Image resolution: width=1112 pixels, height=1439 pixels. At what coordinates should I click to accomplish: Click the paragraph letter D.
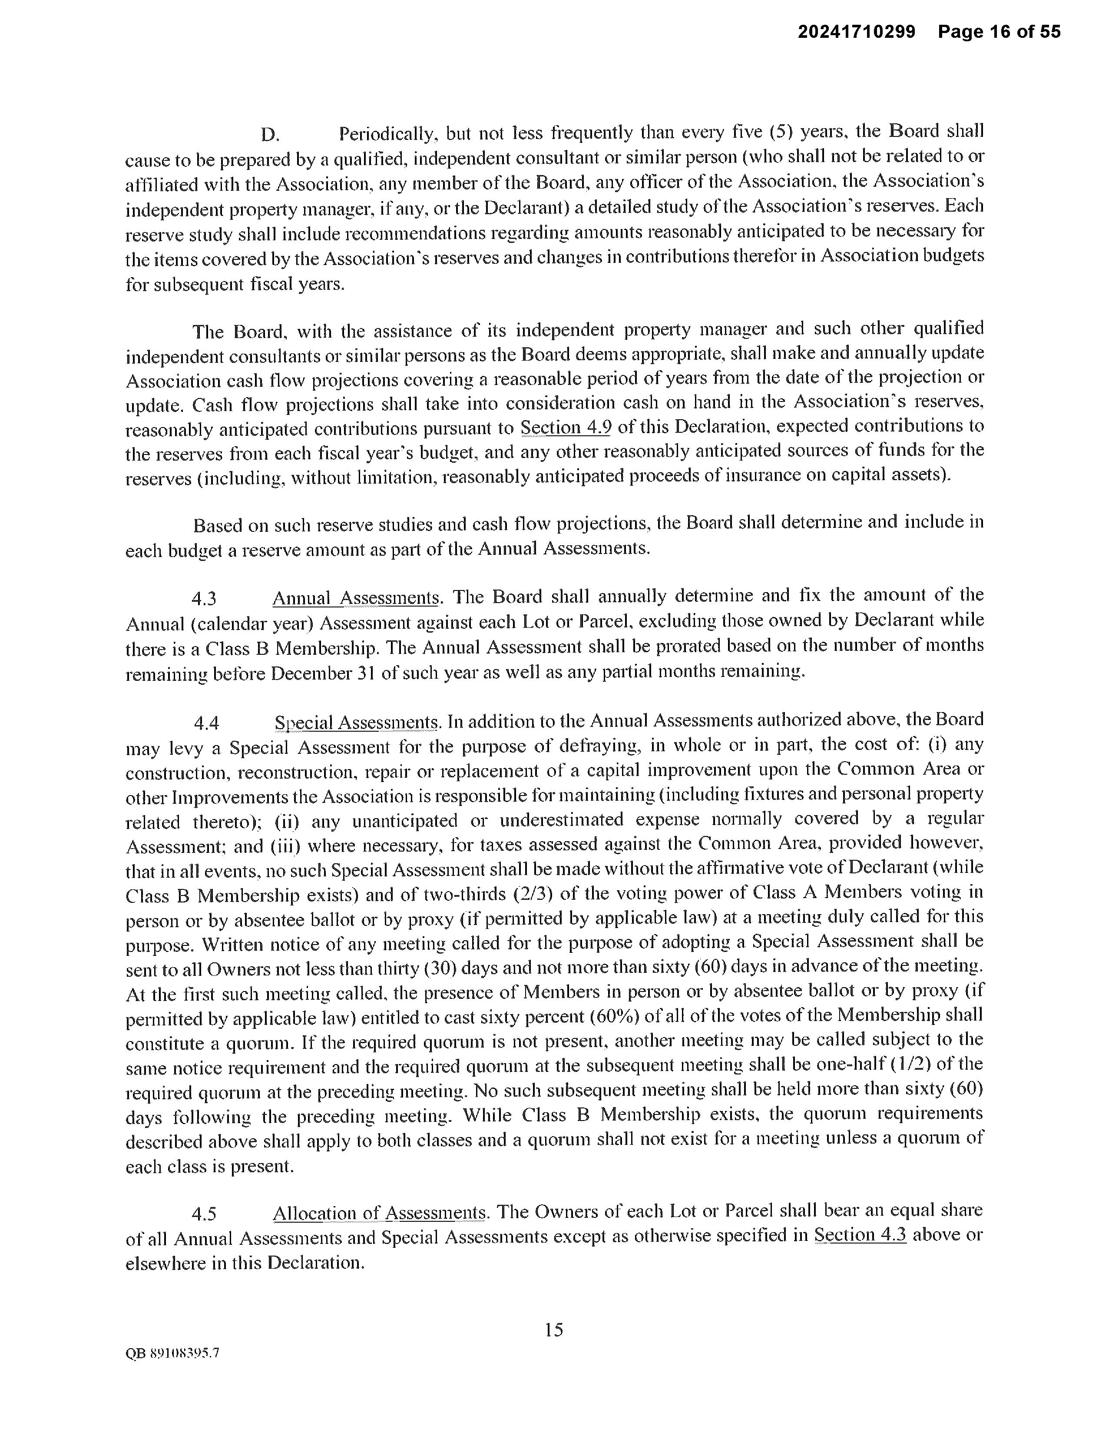coord(270,135)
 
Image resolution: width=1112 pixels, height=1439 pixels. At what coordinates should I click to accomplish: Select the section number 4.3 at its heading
coord(204,599)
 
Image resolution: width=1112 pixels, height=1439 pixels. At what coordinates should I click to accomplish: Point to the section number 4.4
coord(206,723)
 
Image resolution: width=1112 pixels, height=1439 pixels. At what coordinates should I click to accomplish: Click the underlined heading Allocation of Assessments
coord(380,1213)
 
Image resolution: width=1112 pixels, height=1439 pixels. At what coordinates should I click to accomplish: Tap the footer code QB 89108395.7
coord(172,1354)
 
